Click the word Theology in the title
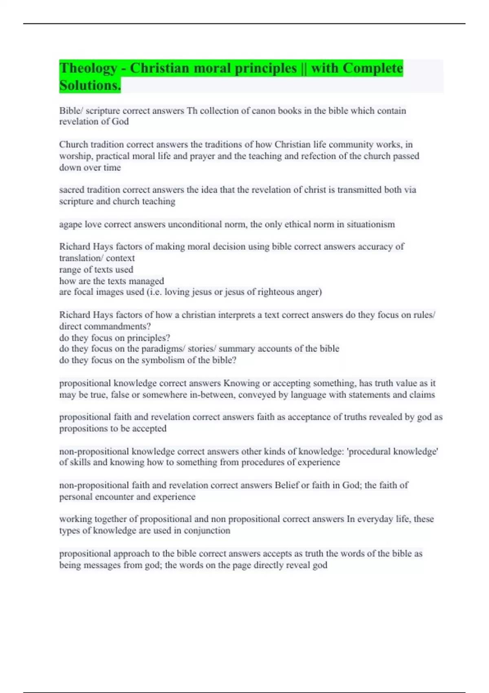click(x=88, y=68)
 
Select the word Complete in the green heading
click(x=372, y=68)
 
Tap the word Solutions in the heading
click(x=90, y=86)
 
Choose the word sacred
click(x=72, y=190)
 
